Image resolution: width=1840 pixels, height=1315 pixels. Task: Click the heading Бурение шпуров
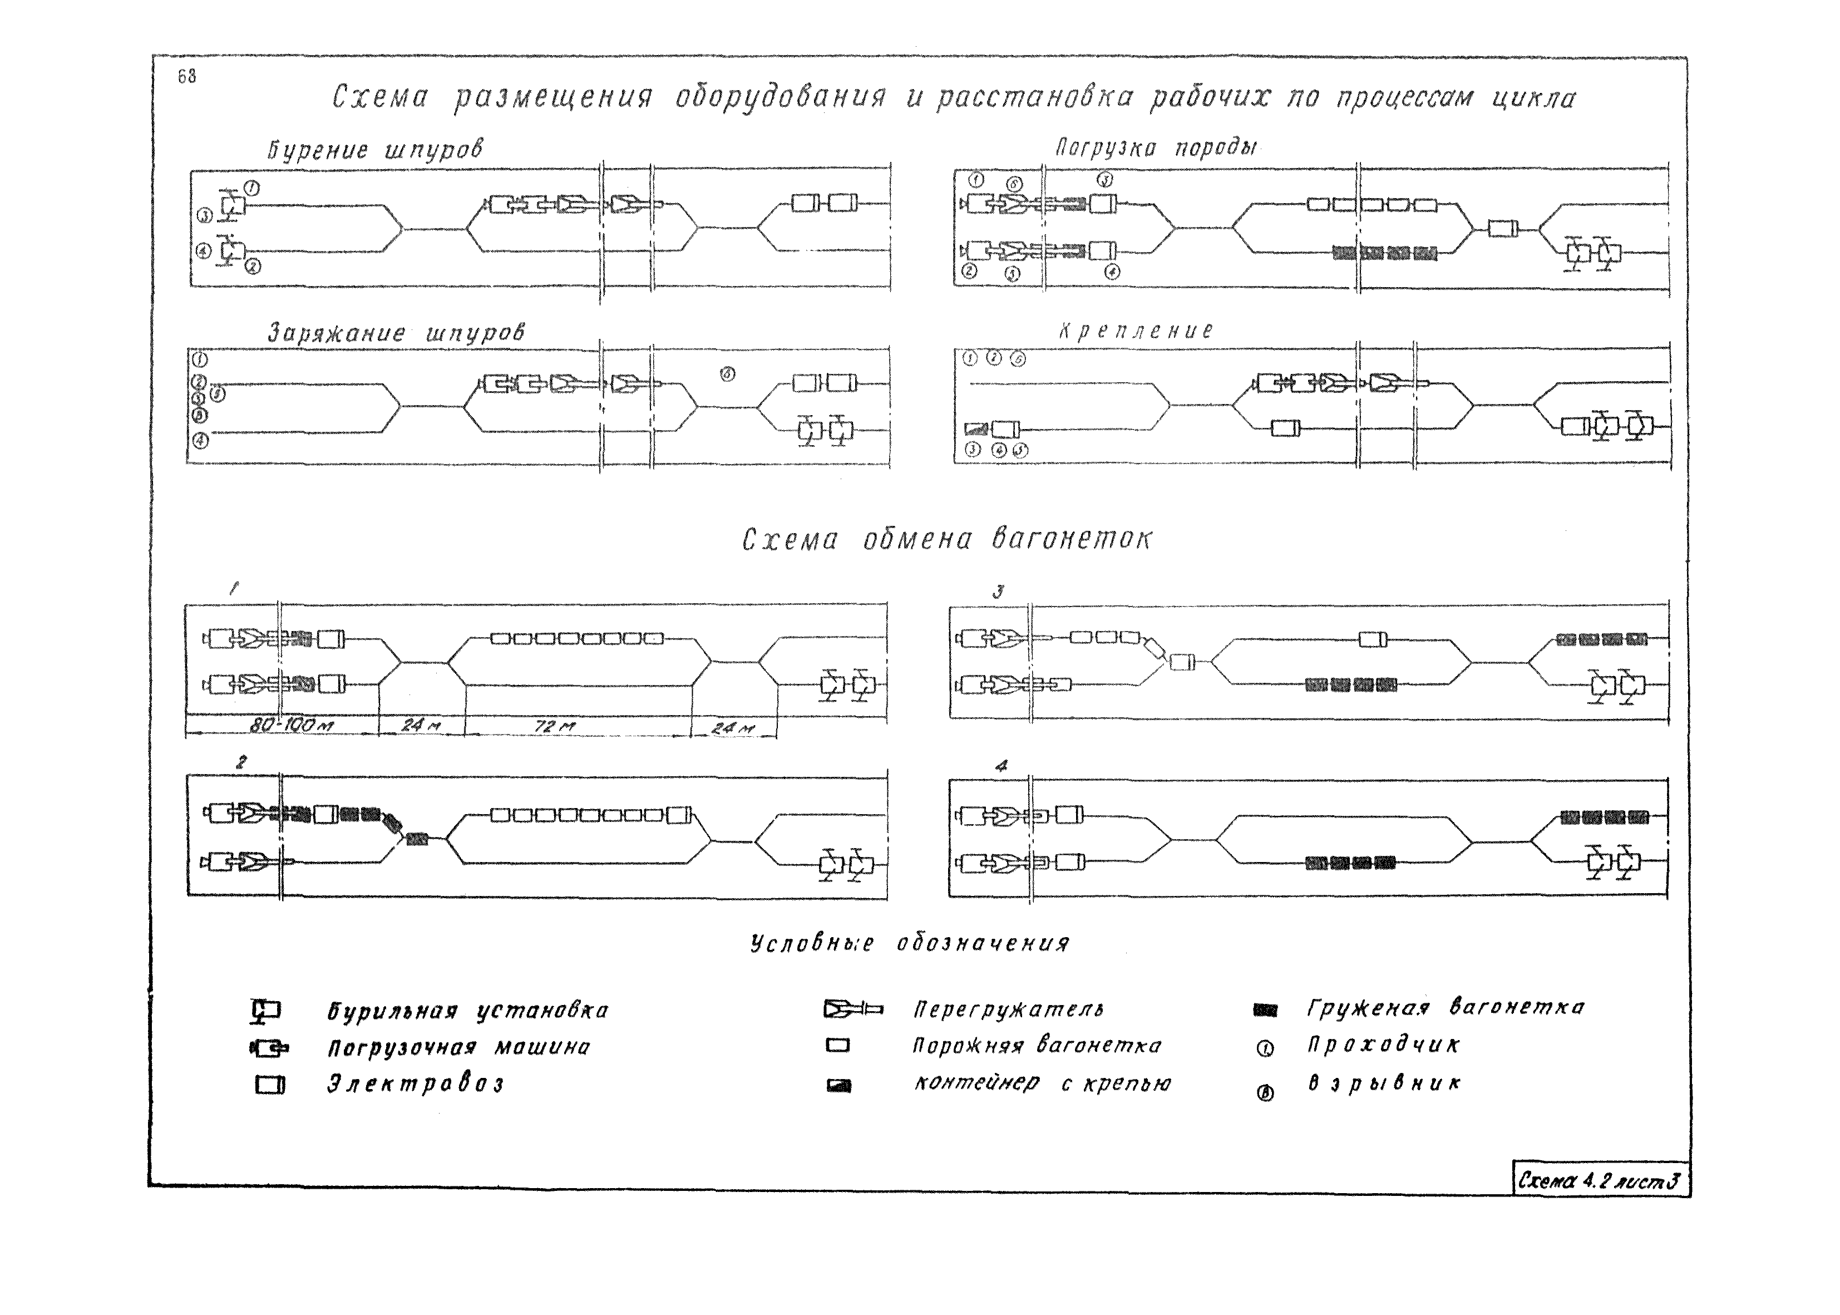(x=375, y=151)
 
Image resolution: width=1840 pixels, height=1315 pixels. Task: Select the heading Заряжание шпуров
(x=396, y=333)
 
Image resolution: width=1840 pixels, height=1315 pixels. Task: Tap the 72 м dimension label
(x=555, y=726)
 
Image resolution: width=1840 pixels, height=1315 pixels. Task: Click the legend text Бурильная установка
(x=467, y=1011)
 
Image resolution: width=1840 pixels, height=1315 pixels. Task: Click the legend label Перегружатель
(x=1008, y=1009)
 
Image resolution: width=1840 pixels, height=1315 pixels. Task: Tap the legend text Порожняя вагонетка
(x=1036, y=1046)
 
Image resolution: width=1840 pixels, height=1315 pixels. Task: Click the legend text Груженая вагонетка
(x=1445, y=1007)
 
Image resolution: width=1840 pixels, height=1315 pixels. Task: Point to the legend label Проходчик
(x=1383, y=1045)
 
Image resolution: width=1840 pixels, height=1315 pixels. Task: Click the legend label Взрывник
(x=1383, y=1083)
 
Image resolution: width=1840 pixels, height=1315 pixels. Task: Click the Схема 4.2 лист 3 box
(x=1600, y=1180)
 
